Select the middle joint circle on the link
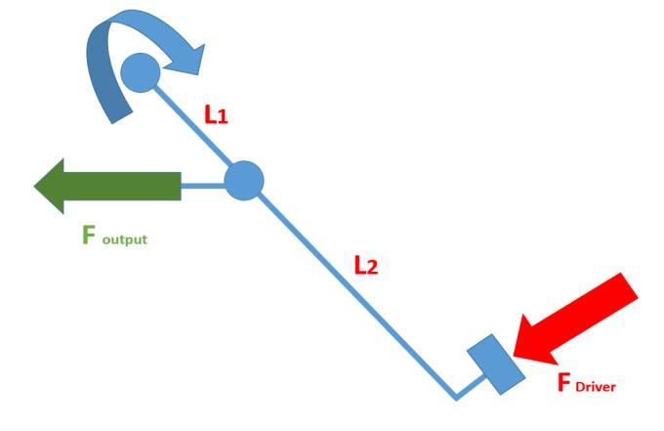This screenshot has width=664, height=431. point(244,181)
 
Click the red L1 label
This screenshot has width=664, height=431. point(218,114)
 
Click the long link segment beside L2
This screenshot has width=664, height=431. point(352,293)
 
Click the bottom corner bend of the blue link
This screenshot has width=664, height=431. point(454,397)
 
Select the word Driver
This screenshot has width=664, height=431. point(597,384)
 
